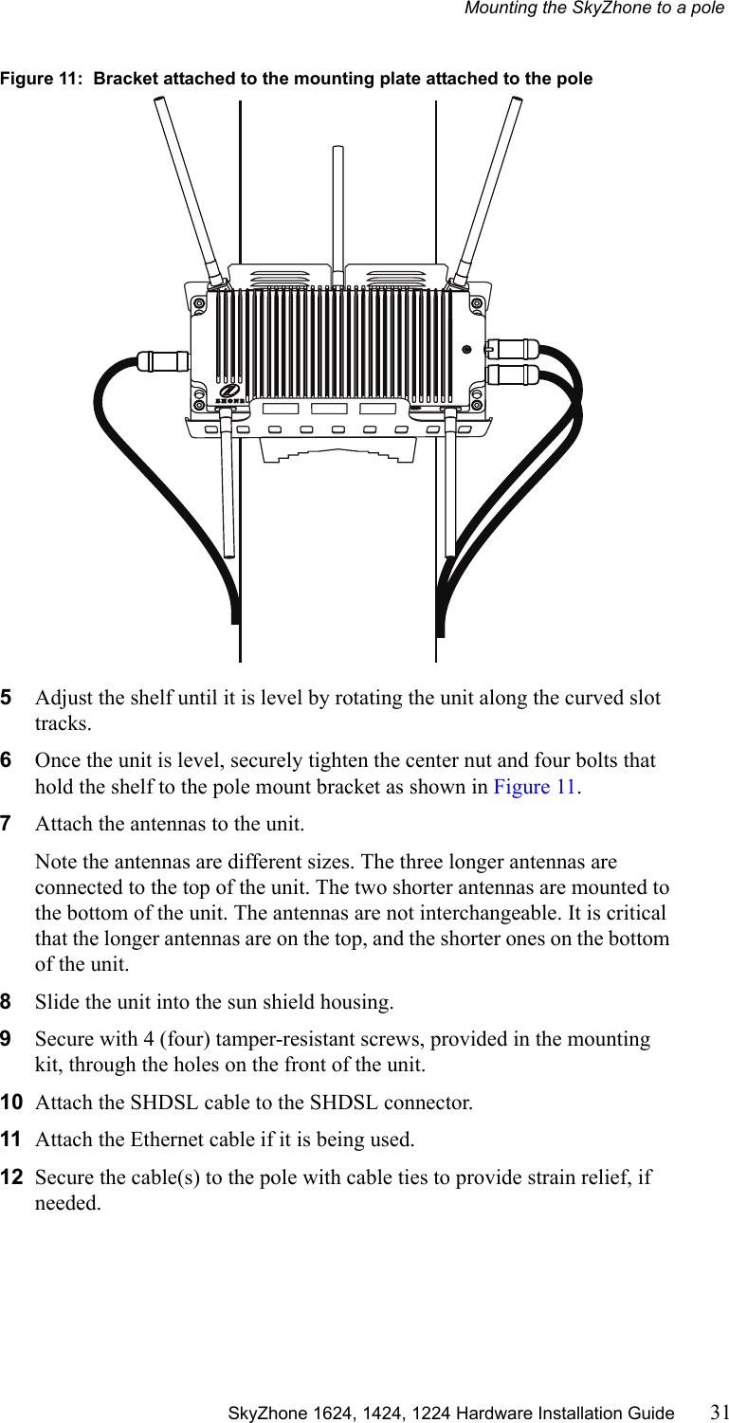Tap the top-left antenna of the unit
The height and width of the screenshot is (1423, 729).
[189, 190]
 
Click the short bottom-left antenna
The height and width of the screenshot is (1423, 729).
[228, 493]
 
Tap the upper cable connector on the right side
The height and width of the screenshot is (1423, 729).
[512, 348]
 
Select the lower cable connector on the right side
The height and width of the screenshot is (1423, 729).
[512, 374]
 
